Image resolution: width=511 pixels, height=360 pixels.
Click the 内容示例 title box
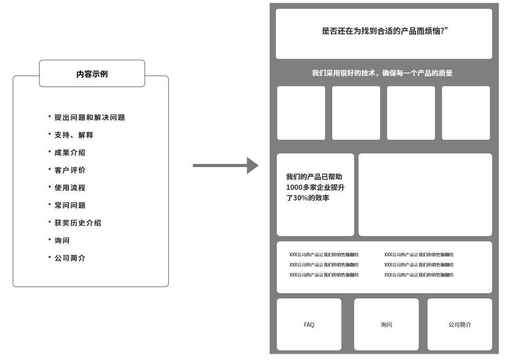[92, 73]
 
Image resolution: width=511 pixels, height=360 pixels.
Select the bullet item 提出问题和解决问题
[90, 117]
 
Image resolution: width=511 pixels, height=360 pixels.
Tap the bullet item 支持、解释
[74, 135]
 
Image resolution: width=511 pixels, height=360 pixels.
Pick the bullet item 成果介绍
[70, 153]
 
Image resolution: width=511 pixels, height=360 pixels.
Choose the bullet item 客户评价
[70, 170]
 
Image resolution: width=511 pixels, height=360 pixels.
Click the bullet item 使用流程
[70, 188]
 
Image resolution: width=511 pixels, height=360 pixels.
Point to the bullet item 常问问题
[70, 205]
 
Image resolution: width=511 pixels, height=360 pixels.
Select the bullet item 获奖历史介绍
[78, 223]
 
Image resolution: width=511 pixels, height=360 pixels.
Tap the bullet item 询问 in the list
[62, 240]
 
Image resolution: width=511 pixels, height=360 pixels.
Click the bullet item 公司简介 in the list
[70, 258]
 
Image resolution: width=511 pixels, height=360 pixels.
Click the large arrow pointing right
[225, 166]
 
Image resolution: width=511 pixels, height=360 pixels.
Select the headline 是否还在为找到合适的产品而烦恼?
[384, 31]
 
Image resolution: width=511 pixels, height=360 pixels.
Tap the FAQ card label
[309, 325]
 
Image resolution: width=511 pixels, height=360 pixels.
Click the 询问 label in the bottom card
[387, 325]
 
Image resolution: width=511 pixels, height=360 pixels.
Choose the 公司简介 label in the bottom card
[460, 325]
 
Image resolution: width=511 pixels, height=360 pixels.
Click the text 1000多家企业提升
[315, 188]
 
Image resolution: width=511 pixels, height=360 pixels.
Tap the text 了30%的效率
[308, 198]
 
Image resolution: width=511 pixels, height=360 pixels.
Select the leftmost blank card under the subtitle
[301, 113]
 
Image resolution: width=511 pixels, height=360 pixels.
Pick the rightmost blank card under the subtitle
[466, 113]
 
